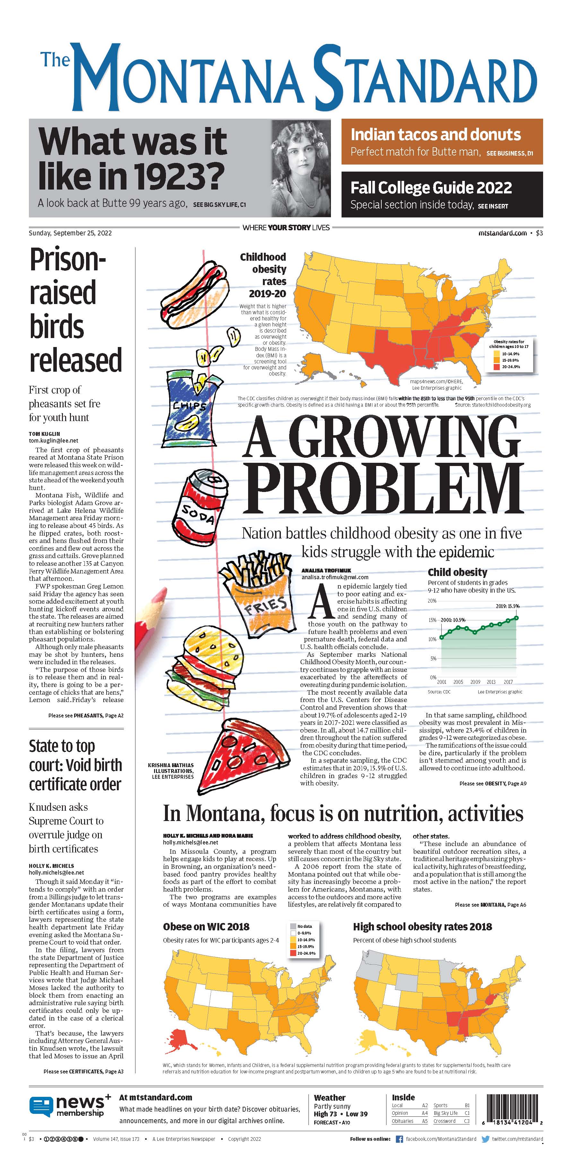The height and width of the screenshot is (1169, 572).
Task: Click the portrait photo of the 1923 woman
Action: pos(301,168)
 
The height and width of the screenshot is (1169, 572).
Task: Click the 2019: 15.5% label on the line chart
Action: pos(507,606)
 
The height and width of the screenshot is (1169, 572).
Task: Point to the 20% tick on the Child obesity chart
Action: pos(432,601)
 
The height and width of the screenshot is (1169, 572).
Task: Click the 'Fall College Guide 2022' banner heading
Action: pos(431,187)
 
